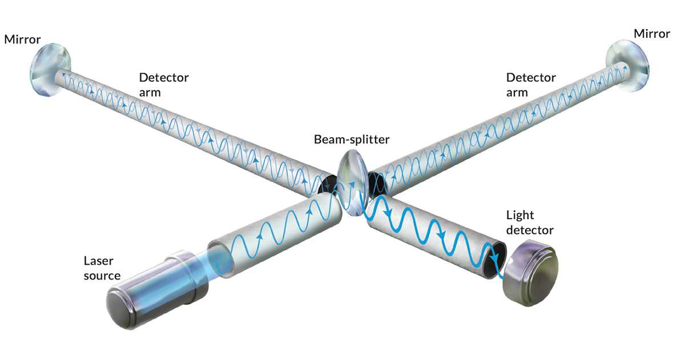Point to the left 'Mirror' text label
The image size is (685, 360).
[22, 40]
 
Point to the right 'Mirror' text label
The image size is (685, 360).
[652, 34]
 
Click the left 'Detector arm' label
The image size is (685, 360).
[164, 84]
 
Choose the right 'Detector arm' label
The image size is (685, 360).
[531, 84]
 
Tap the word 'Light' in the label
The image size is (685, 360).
[520, 216]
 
